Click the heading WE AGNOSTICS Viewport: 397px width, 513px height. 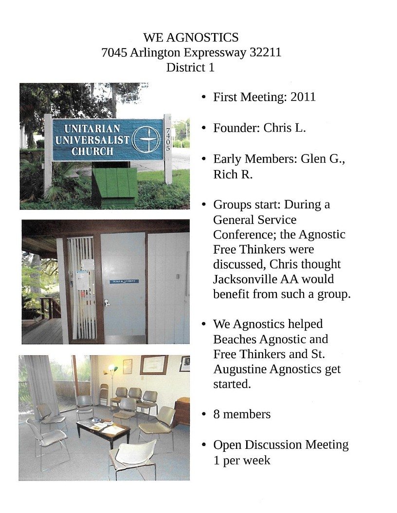[191, 37]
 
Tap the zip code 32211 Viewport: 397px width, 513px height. [265, 52]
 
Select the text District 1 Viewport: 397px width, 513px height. [190, 68]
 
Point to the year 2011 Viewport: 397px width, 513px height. [303, 97]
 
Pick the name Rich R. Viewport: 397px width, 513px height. [233, 175]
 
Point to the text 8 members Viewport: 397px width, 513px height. [242, 414]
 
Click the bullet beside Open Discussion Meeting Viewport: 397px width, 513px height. [204, 445]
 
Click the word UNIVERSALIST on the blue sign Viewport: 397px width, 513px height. [92, 140]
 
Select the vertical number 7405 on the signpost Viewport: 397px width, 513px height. [168, 139]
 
